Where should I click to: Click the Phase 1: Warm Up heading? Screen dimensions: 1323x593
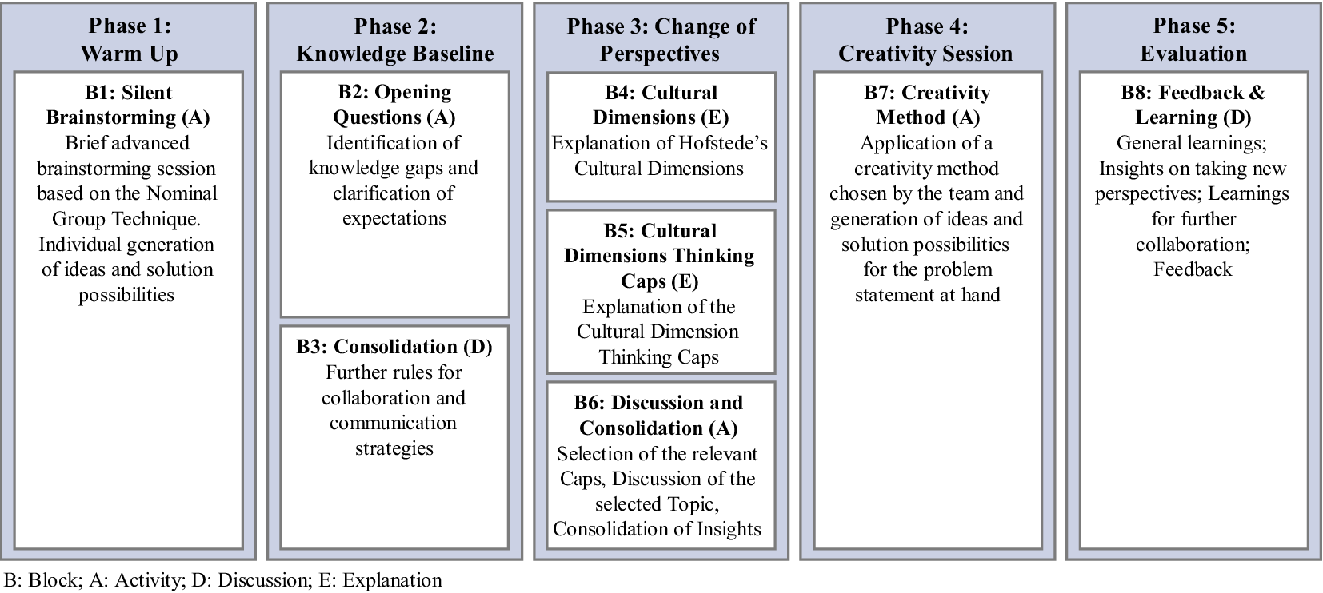click(x=130, y=39)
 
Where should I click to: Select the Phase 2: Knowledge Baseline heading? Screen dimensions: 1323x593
click(x=395, y=39)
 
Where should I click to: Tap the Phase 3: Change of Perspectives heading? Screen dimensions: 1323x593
click(x=661, y=39)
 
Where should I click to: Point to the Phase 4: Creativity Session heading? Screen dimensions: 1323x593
click(x=926, y=39)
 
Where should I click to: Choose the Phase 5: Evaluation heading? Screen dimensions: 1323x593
click(x=1193, y=39)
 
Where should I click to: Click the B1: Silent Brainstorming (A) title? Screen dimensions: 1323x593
click(x=128, y=105)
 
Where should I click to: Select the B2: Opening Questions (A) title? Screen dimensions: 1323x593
click(x=394, y=105)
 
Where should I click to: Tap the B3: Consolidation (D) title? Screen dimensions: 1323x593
click(x=394, y=346)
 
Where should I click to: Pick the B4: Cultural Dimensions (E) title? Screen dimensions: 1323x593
click(x=661, y=105)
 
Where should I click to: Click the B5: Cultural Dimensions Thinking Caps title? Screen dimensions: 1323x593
click(x=660, y=256)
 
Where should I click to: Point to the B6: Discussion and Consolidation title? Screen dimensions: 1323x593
click(x=658, y=416)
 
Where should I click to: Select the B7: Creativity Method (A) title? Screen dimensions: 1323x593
click(x=927, y=105)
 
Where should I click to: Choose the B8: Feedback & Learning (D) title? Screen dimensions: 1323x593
click(x=1193, y=105)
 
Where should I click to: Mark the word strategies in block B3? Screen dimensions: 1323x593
click(x=394, y=449)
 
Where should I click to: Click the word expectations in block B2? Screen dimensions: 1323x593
click(x=394, y=219)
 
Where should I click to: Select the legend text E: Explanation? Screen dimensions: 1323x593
click(x=381, y=580)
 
